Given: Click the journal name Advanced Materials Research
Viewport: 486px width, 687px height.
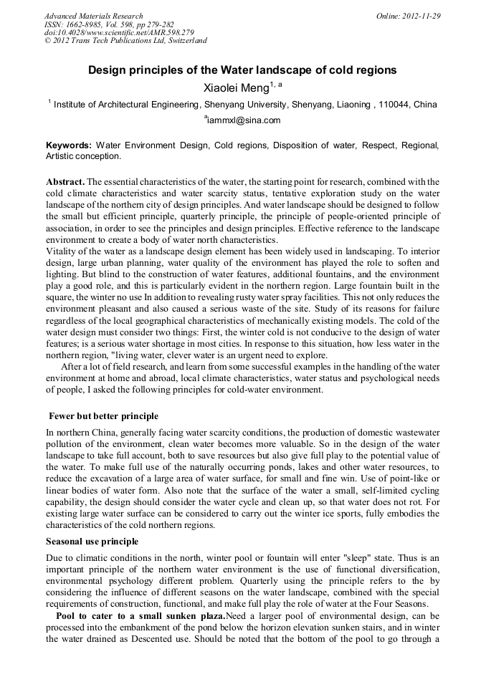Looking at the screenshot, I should click(x=93, y=16).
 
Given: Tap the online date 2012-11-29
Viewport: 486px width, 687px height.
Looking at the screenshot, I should click(x=419, y=16).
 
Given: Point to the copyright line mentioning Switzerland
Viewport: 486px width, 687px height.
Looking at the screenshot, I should click(x=125, y=41).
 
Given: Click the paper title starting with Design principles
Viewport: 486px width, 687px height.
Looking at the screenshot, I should click(x=242, y=72).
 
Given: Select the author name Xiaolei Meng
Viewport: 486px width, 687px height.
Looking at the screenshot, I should click(x=234, y=88).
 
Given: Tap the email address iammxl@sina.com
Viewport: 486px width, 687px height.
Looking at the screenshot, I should click(x=244, y=120).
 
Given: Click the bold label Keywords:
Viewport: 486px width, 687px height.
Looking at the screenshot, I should click(x=69, y=145).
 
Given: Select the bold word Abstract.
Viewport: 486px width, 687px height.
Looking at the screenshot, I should click(x=65, y=182).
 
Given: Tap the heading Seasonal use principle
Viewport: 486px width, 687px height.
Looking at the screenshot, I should click(x=92, y=541).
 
